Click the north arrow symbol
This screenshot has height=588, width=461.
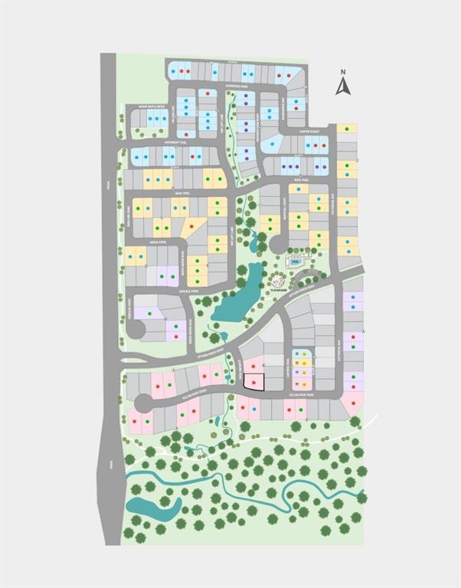coord(342,87)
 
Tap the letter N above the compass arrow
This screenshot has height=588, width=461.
coord(343,72)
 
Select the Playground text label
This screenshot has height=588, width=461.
coord(279,291)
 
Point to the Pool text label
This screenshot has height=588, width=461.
coord(296,261)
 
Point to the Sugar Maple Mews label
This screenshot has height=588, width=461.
coord(152,106)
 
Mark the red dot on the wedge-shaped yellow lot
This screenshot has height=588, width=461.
coord(191,227)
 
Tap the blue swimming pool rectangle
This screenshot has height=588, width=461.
coord(296,261)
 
